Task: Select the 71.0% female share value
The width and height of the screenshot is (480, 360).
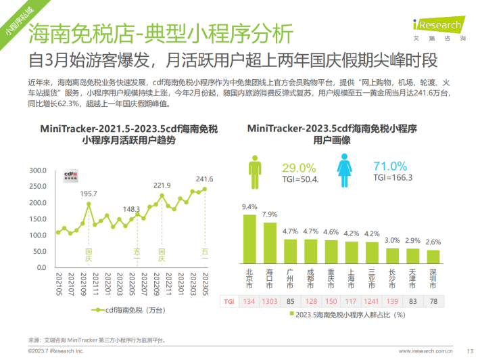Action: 390,166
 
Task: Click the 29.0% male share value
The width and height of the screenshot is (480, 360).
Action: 299,167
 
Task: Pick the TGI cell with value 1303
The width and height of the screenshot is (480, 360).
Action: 270,301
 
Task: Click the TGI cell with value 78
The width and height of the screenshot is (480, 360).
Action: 433,301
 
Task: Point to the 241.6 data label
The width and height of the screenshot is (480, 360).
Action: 204,179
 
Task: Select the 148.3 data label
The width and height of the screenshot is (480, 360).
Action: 132,209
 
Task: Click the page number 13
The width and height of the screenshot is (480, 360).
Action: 470,351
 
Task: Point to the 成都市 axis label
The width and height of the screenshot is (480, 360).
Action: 310,277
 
